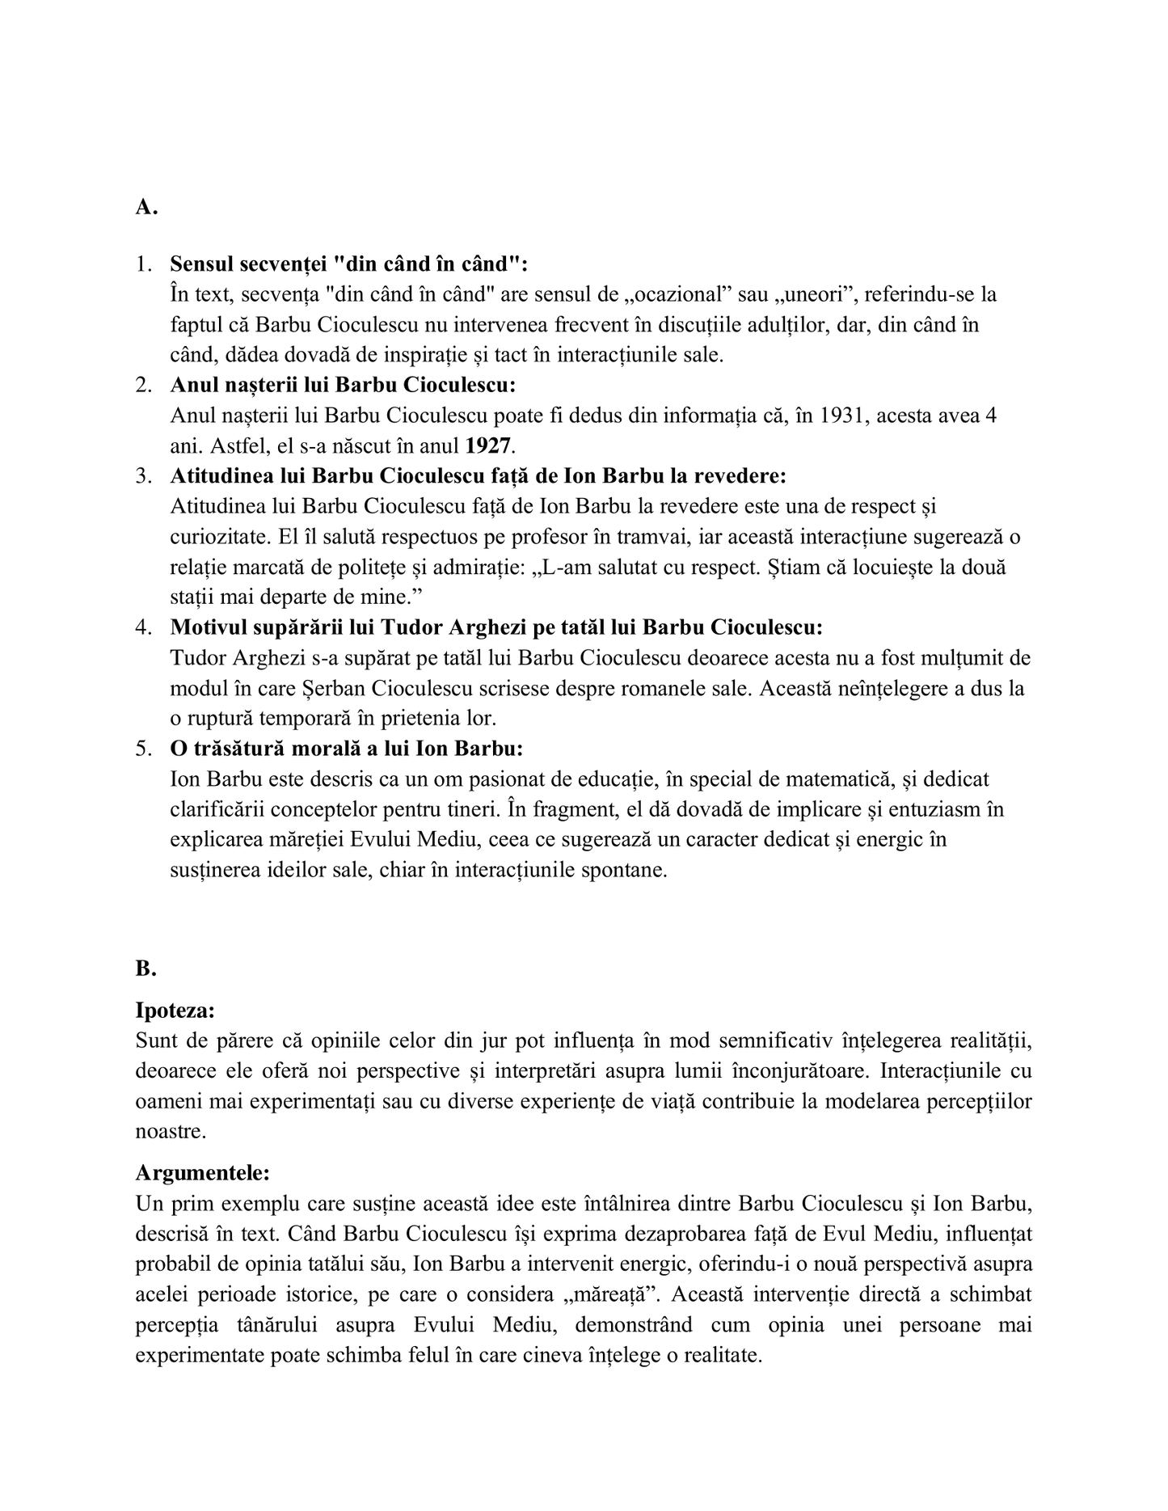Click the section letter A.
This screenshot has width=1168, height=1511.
145,208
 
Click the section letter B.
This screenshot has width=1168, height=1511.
145,968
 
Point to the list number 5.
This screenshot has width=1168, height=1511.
144,749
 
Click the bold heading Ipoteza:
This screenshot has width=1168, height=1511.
175,1011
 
